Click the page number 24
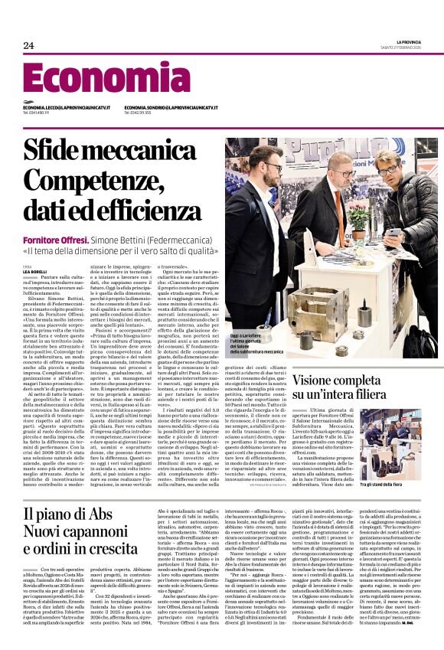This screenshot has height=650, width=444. pyautogui.click(x=28, y=46)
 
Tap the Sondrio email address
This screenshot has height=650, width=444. pyautogui.click(x=171, y=108)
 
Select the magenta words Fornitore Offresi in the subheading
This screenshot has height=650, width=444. pyautogui.click(x=57, y=240)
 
